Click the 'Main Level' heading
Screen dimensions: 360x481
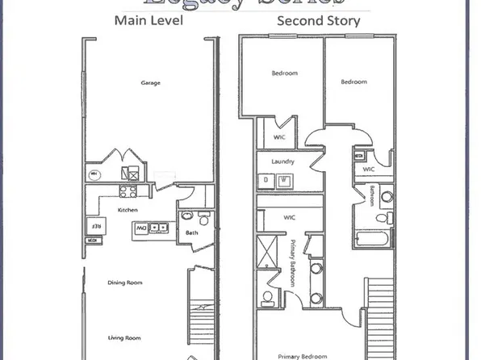(148, 21)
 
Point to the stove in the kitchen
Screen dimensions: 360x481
(128, 191)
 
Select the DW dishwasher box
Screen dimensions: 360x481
(141, 228)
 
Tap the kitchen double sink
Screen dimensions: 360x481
(162, 228)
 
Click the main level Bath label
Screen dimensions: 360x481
(191, 233)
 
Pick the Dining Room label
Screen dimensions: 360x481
(125, 283)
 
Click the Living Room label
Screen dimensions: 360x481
(125, 337)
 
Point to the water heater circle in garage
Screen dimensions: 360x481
(94, 173)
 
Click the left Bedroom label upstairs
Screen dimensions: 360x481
(283, 73)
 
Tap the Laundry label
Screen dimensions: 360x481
(282, 161)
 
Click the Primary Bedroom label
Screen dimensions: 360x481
(302, 355)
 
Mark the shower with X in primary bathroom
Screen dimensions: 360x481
(266, 253)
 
